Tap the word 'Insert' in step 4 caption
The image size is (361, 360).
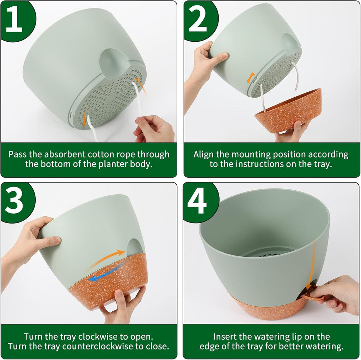tap(226, 336)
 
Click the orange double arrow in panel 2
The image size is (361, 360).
tap(251, 78)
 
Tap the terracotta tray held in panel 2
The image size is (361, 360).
tap(289, 111)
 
